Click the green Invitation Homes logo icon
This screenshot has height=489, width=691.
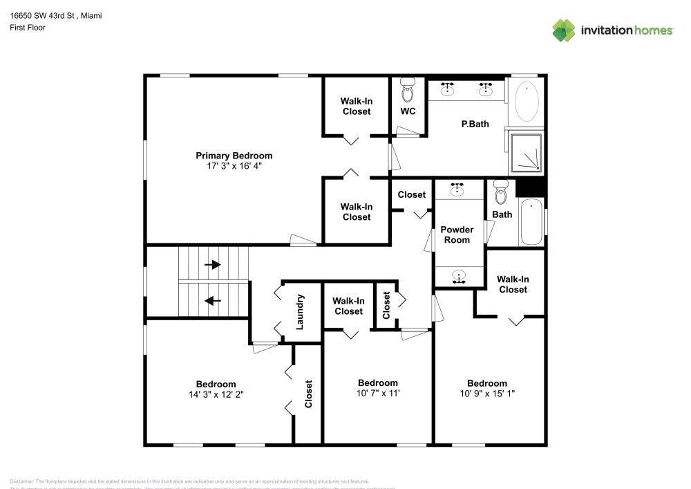coord(564,30)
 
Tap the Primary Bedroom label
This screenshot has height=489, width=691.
coord(234,156)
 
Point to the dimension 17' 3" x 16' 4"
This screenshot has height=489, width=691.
coord(234,166)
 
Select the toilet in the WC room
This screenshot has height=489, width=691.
coord(408,91)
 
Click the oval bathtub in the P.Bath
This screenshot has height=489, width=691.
coord(528,102)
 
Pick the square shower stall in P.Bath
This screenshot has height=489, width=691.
coord(527,152)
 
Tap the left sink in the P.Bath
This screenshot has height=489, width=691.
coord(448,88)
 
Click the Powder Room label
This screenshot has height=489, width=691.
coord(457,234)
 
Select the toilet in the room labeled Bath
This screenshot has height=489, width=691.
coord(501,189)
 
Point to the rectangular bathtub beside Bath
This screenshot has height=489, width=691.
coord(531,221)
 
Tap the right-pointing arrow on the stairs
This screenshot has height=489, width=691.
coord(213,264)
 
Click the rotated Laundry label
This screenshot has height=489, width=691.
coord(300,312)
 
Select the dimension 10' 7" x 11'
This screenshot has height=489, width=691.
coord(377,393)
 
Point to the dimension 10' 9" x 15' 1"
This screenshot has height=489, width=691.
coord(486,393)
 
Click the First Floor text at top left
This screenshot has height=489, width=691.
coord(28,28)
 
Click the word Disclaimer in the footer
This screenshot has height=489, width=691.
coord(21,481)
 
